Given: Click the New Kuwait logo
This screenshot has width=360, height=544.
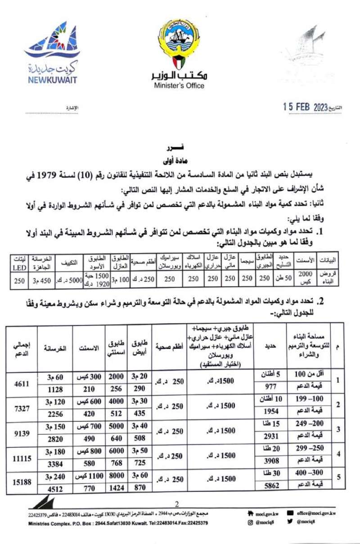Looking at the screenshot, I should pos(51,54).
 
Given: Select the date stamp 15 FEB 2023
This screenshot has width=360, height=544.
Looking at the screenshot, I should pos(305,107).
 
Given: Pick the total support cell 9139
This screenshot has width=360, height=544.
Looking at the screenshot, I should pos(22,435).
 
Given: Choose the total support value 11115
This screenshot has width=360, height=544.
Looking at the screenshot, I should pos(22,460).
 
